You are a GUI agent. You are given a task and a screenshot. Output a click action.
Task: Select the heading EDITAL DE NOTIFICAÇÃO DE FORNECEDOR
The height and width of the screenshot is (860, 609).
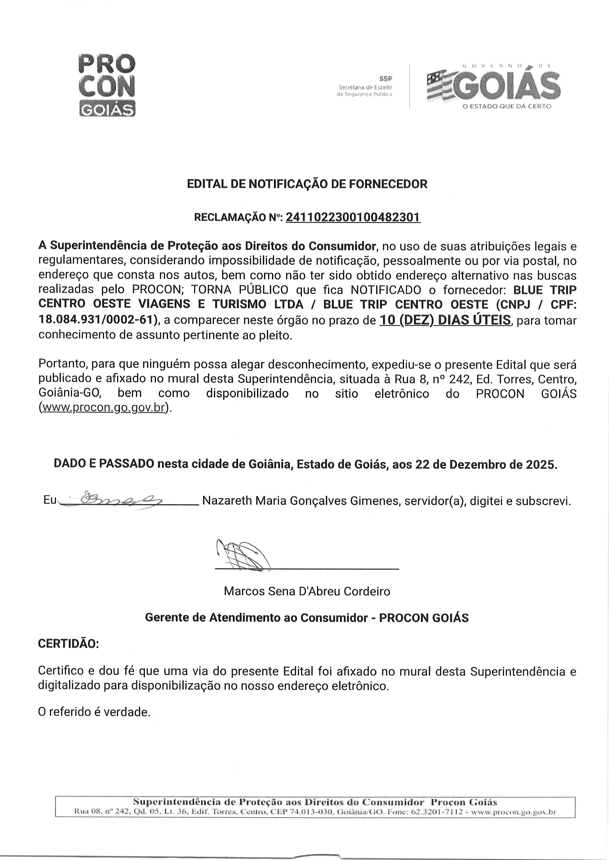(x=307, y=184)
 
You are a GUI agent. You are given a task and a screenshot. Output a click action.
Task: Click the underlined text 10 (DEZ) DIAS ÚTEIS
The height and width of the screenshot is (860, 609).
(x=445, y=320)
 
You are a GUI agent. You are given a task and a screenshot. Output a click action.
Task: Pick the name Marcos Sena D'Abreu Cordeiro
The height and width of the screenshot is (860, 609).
(x=307, y=591)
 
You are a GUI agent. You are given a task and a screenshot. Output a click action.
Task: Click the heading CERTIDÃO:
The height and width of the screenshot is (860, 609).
(x=69, y=644)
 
